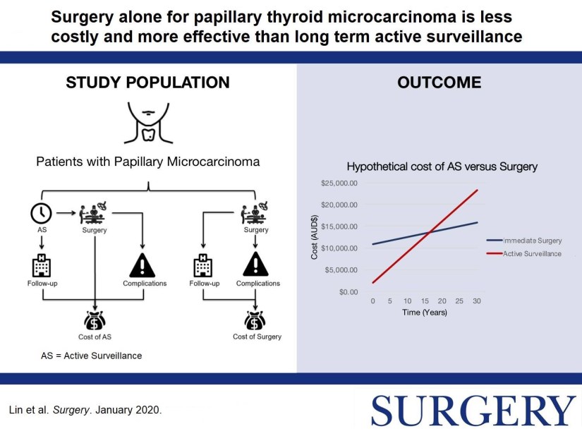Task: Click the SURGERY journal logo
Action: [473, 411]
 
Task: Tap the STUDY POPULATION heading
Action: [147, 83]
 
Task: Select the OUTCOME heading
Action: [439, 83]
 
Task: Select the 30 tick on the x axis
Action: [478, 301]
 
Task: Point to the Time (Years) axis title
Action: [425, 312]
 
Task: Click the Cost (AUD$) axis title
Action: [316, 237]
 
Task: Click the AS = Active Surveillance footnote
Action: [92, 355]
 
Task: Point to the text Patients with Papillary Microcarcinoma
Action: [148, 162]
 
